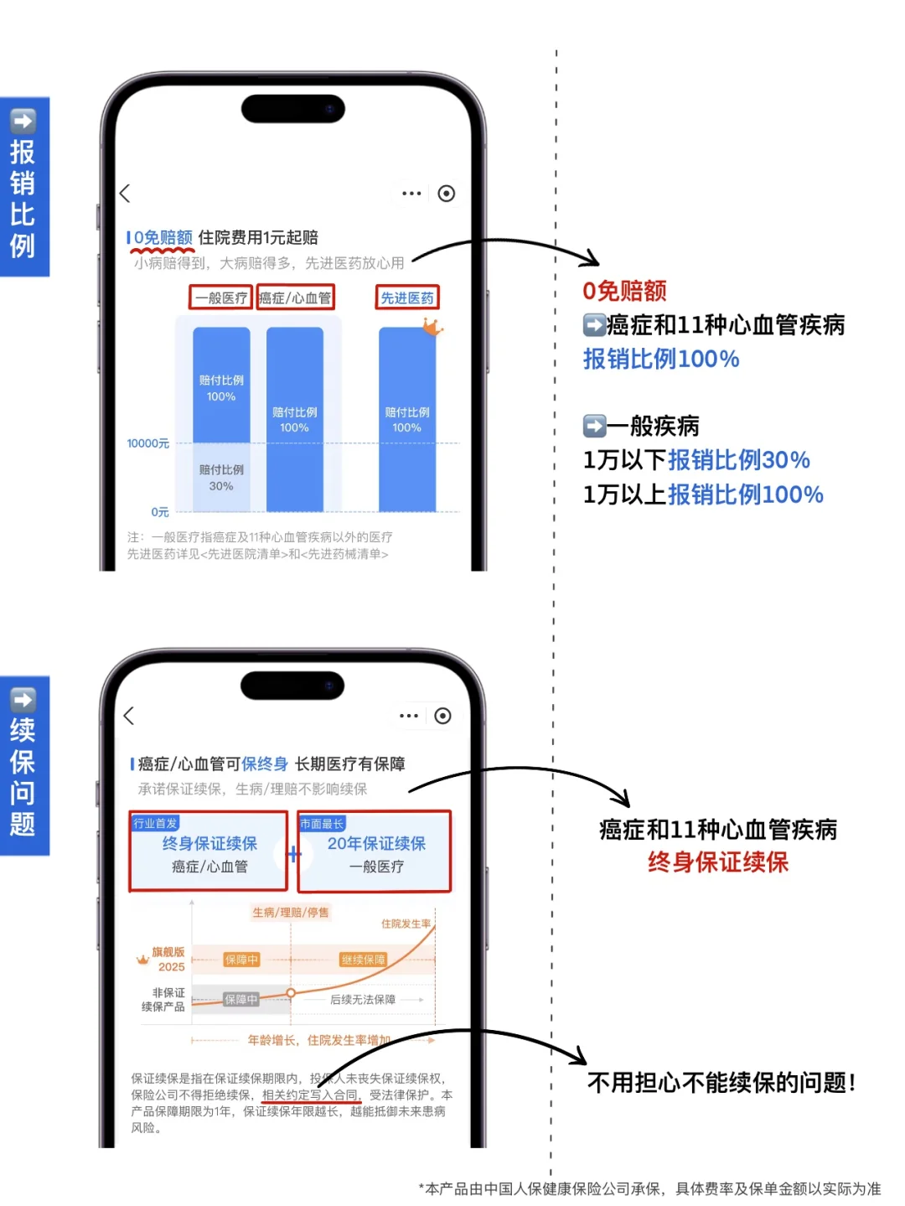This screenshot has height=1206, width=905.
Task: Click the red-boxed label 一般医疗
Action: (220, 298)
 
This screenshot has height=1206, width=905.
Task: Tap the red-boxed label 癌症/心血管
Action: (295, 298)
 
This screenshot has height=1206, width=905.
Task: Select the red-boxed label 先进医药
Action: (407, 298)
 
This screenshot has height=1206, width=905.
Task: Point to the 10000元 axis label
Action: (147, 443)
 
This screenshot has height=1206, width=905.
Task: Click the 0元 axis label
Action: (159, 512)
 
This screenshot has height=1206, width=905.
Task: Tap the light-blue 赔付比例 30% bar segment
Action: (221, 478)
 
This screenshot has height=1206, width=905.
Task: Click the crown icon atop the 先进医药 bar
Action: (432, 326)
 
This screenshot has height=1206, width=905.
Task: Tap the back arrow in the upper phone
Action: (125, 194)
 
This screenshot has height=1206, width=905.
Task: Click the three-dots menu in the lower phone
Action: (409, 716)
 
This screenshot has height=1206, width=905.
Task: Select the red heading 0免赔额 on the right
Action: (624, 291)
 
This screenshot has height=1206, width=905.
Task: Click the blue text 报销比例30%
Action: (738, 460)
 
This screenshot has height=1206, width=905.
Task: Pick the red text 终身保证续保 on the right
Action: (717, 862)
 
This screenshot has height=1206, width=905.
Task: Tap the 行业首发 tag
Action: (155, 823)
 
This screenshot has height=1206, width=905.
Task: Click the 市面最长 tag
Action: (322, 824)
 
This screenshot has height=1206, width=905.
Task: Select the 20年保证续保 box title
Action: (376, 843)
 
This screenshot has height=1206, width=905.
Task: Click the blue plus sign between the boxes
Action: (293, 854)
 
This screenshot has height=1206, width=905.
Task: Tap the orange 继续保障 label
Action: (363, 960)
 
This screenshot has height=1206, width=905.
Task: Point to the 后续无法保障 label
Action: (363, 1000)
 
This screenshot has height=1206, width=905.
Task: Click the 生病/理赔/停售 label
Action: (291, 913)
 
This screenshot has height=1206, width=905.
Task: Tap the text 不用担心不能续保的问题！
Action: (721, 1083)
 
